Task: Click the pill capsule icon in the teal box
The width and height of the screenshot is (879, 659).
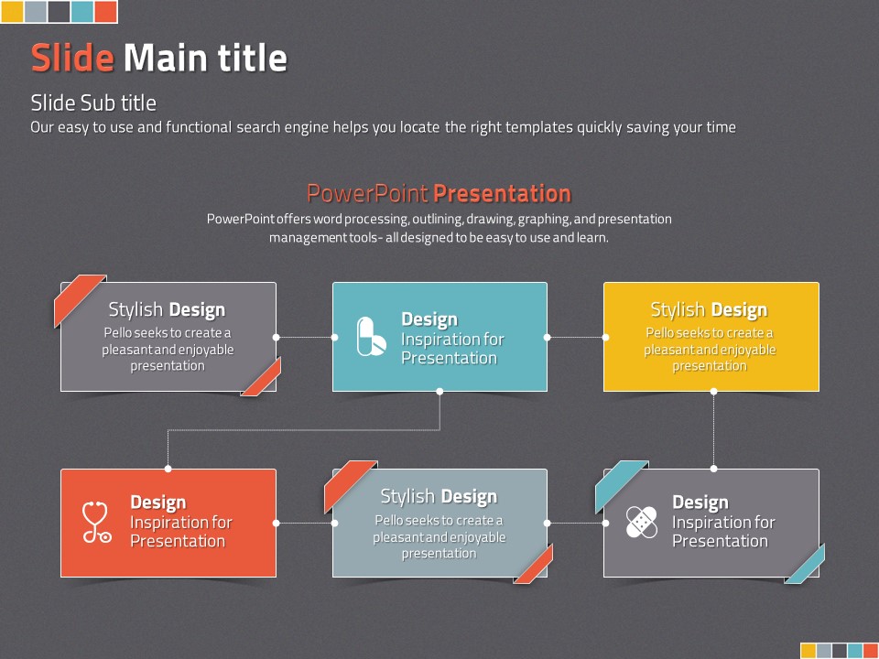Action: (x=371, y=336)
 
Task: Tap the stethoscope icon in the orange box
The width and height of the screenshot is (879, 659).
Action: (x=96, y=523)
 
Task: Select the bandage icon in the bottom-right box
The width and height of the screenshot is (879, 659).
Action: (x=641, y=523)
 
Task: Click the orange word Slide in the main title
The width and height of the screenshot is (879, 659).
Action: (x=72, y=58)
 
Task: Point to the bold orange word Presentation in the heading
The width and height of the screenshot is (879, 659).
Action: (x=503, y=193)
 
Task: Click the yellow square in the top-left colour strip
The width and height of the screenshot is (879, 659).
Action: (x=12, y=11)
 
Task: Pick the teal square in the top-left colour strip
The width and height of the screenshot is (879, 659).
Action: (x=82, y=11)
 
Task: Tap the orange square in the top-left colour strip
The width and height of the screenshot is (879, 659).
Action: (x=106, y=11)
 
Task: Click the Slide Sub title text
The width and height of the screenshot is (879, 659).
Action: (x=93, y=103)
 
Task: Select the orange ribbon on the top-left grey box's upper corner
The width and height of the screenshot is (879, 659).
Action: (x=79, y=300)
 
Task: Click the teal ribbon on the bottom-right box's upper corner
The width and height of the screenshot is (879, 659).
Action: (x=621, y=486)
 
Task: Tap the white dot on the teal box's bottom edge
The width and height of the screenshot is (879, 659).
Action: (x=439, y=392)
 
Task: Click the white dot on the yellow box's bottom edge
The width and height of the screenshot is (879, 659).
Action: (x=713, y=392)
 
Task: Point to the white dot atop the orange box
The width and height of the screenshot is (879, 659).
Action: (x=168, y=469)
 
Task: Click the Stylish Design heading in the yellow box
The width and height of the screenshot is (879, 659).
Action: (x=709, y=309)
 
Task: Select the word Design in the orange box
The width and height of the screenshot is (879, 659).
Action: (x=158, y=502)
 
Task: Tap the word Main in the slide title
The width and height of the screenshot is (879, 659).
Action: (x=167, y=58)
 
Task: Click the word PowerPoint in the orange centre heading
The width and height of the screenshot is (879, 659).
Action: (x=368, y=193)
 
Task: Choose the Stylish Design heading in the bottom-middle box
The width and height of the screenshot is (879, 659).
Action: (x=439, y=496)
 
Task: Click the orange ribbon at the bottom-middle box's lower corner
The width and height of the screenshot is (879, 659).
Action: (x=534, y=565)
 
